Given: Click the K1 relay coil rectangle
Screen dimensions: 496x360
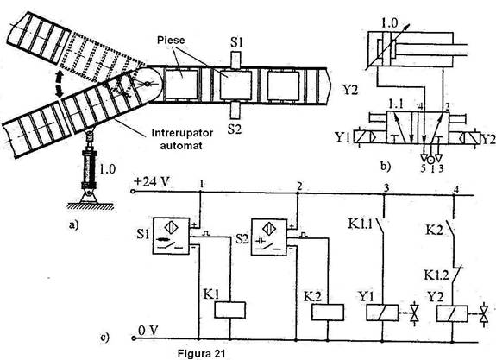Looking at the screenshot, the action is [x=230, y=310].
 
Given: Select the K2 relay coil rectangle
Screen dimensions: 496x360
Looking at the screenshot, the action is [x=328, y=313].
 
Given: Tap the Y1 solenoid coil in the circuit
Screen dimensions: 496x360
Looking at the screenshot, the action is [x=382, y=313].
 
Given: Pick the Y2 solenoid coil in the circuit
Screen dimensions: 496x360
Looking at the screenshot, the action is [x=452, y=313].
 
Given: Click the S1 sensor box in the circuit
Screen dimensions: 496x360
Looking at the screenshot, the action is [x=171, y=236].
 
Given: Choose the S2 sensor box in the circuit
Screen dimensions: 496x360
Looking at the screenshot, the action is [x=269, y=237].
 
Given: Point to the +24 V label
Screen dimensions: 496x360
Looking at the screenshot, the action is [x=152, y=182].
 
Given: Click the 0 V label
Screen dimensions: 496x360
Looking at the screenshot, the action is [x=148, y=331].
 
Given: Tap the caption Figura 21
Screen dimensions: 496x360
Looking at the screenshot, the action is [x=201, y=353].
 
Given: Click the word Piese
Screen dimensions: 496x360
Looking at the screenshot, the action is [x=171, y=41].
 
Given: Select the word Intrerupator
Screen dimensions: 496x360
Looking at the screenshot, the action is [x=183, y=133].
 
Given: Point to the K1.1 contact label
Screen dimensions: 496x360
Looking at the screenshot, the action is [x=361, y=224].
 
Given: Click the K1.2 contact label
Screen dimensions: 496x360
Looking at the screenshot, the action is [x=436, y=275].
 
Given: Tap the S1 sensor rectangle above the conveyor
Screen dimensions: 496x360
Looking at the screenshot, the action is [x=235, y=60].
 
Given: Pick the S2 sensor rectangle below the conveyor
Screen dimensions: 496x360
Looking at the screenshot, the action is [x=235, y=110].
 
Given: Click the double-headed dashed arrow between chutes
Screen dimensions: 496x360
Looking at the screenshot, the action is [x=58, y=84].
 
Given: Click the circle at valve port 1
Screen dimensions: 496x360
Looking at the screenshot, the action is [x=430, y=160].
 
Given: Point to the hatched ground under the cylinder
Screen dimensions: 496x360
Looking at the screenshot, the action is [x=91, y=206].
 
